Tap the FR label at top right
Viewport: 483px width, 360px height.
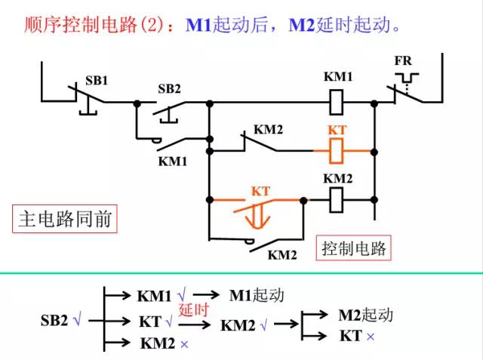pos(403,61)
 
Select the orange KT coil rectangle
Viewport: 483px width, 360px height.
pos(338,151)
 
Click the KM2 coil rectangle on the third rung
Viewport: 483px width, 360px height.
pos(338,200)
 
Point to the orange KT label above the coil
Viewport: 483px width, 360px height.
pos(337,131)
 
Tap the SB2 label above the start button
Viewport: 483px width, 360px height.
pos(169,88)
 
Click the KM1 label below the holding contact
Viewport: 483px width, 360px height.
pos(172,161)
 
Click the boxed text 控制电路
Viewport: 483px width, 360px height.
pos(352,248)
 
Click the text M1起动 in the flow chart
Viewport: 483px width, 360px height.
pos(257,295)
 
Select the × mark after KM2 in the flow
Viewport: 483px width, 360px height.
pos(184,344)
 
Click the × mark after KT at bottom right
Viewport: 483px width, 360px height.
pos(371,335)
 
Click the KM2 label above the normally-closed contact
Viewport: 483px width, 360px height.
pos(268,130)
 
